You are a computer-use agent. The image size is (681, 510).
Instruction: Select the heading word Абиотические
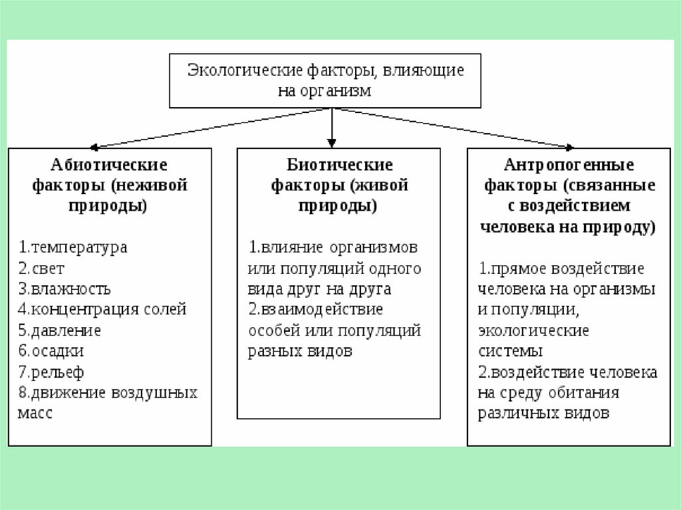point(109,164)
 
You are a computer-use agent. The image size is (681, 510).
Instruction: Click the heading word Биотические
point(339,164)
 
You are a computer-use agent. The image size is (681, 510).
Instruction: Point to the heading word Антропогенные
point(569,164)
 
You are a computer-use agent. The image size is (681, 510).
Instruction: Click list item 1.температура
point(72,247)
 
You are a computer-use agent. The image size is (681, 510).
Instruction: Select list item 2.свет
point(41,269)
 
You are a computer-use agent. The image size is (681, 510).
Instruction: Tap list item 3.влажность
point(65,289)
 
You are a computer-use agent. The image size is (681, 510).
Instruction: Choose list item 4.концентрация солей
point(102,310)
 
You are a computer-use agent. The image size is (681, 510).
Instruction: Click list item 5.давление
point(59,330)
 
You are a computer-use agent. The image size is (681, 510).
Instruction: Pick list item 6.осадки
point(51,351)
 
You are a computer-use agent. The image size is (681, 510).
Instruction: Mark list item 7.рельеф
point(51,372)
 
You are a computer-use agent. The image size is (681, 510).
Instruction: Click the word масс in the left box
point(35,412)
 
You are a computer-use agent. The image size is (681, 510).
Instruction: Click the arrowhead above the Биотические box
point(332,142)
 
